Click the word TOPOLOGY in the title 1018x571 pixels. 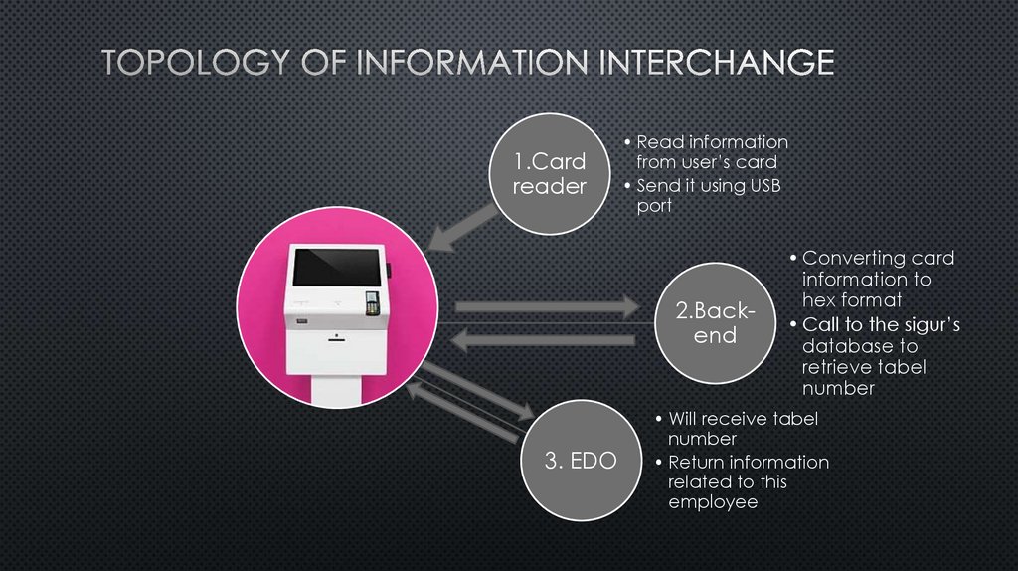coord(183,64)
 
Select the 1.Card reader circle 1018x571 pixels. coord(549,174)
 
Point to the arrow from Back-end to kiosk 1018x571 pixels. coord(543,341)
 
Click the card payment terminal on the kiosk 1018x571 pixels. coord(372,302)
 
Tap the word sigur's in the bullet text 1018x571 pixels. coord(923,325)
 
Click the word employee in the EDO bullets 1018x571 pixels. coord(712,502)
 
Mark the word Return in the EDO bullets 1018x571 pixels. coord(696,462)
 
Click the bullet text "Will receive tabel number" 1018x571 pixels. coord(742,428)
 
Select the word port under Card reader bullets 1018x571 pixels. coord(653,206)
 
